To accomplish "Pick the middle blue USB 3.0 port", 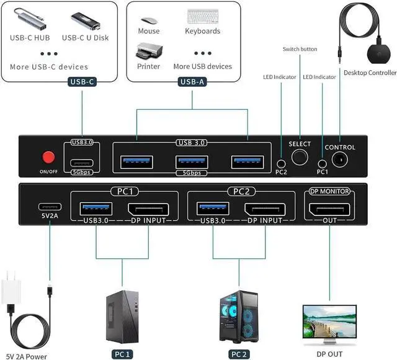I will [x=191, y=162].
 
